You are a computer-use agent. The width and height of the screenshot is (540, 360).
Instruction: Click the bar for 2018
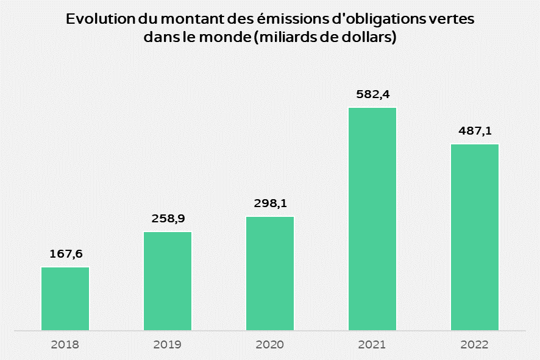65,298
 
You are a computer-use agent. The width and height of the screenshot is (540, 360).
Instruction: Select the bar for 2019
168,281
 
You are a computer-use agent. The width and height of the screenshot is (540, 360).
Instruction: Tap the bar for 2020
270,274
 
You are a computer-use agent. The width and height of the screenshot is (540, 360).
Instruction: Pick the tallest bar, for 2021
372,219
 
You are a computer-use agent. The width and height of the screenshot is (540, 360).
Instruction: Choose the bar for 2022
475,238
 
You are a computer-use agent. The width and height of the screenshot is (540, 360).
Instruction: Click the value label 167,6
65,254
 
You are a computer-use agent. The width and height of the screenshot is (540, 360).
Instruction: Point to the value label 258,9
168,219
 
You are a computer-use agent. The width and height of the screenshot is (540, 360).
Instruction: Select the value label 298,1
270,203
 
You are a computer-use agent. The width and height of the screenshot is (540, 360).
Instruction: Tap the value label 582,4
372,94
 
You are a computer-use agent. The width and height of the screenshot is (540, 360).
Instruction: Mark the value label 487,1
475,131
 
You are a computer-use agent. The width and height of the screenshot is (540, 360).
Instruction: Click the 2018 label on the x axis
65,345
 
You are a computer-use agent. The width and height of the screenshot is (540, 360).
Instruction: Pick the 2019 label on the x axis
168,345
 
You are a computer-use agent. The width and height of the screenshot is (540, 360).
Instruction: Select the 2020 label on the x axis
270,345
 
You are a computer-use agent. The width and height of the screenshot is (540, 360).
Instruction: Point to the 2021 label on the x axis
372,345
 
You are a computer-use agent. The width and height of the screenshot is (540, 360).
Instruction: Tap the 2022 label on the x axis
475,345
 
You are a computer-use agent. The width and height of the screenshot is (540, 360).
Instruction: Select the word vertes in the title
452,19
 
